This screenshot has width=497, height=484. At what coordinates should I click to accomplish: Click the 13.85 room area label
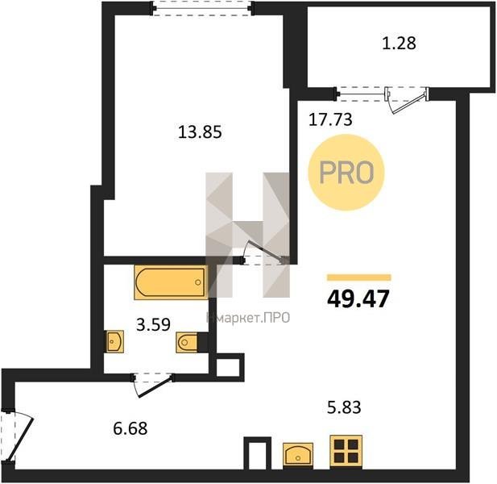coord(200,131)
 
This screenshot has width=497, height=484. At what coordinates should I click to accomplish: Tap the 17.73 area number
coord(330,119)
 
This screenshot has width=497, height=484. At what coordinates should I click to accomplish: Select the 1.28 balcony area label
coord(399,44)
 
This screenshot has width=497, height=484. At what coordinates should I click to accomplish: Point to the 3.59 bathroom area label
coord(153,324)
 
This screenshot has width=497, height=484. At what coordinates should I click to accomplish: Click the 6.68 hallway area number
coord(130,428)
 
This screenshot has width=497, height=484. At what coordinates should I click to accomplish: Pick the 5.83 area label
coord(344,407)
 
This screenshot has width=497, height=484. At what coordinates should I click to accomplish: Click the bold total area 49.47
coord(358,299)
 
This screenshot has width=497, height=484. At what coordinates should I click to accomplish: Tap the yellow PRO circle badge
coord(346,173)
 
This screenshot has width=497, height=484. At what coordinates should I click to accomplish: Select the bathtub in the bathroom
coord(171,282)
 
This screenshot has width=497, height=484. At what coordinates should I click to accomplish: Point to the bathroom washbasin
coord(114,341)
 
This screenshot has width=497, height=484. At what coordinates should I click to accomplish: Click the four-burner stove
coord(346,451)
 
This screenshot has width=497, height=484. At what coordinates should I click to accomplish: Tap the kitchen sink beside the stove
coord(298,454)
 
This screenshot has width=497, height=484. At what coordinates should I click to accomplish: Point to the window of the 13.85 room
coord(202,9)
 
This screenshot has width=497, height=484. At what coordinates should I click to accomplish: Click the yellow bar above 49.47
coord(359,277)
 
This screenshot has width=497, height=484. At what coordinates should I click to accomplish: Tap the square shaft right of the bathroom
coord(228,367)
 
